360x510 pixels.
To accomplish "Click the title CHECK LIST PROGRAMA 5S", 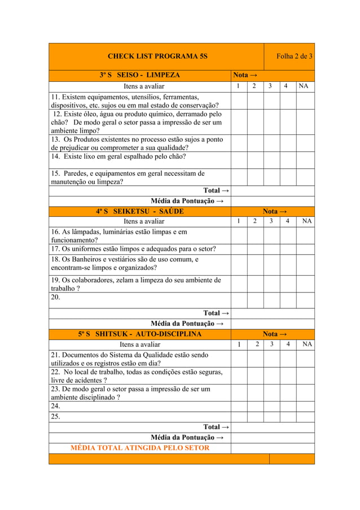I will click(157, 56).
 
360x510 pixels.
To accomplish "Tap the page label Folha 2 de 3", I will click(294, 56).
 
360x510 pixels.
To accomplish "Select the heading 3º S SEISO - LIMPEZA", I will click(140, 75).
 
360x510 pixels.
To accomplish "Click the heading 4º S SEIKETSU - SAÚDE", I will click(140, 211).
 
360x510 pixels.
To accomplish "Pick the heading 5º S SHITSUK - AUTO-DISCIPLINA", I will click(140, 334).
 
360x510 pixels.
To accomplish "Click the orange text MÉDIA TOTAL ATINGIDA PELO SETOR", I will click(140, 448).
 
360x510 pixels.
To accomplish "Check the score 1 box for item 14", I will click(239, 160).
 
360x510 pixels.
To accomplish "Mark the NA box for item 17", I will click(305, 249).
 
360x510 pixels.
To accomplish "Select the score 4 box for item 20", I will click(288, 300).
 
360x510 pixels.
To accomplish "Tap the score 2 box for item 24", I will click(255, 406).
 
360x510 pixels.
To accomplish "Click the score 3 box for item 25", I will click(272, 417).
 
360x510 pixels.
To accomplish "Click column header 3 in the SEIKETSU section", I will click(271, 221).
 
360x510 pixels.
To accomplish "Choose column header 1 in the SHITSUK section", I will click(239, 344).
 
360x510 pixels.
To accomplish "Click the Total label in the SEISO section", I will click(216, 191).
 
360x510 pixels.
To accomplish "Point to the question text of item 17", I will click(134, 249).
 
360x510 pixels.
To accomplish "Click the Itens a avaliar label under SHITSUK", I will click(140, 344).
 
